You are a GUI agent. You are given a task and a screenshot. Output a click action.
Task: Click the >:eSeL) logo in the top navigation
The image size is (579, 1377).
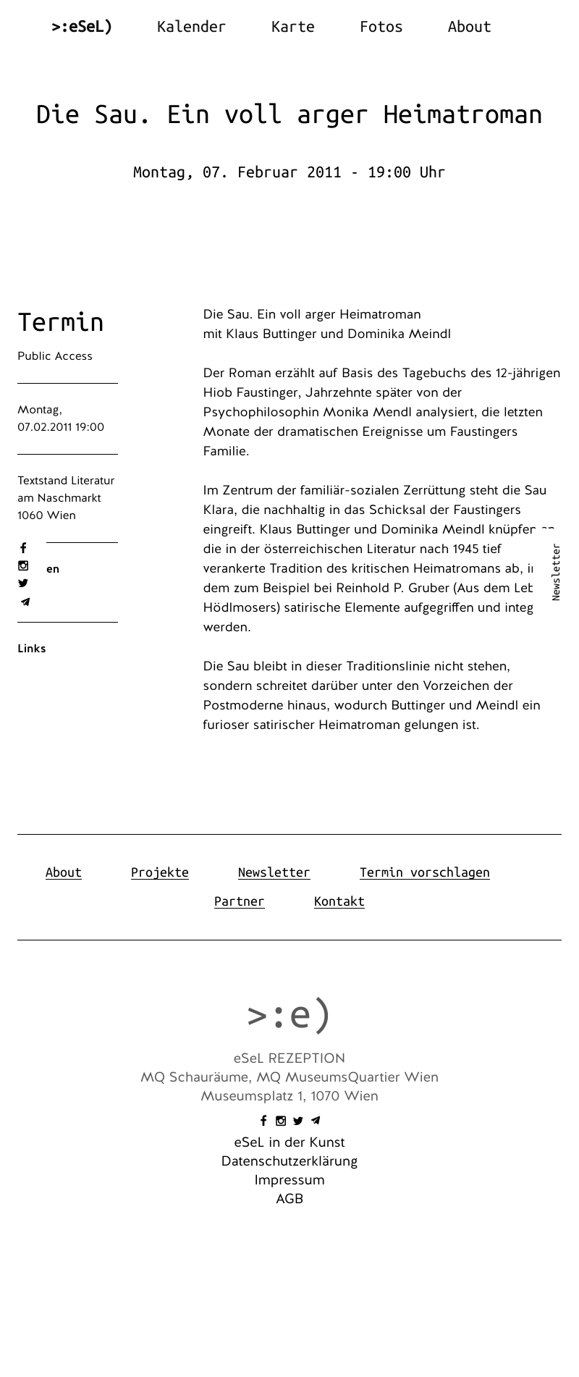pyautogui.click(x=82, y=27)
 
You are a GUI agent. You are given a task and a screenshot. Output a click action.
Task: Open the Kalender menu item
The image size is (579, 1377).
pyautogui.click(x=191, y=27)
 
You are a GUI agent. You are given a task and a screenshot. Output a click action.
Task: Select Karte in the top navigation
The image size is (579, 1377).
pyautogui.click(x=292, y=27)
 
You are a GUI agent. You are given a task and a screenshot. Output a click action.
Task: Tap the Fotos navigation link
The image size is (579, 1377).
pyautogui.click(x=381, y=27)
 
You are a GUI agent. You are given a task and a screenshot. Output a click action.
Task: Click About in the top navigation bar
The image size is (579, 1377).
pyautogui.click(x=469, y=27)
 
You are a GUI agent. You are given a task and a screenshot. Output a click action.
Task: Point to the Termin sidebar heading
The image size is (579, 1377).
pyautogui.click(x=61, y=322)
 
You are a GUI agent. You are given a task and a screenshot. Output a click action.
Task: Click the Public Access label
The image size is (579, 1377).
pyautogui.click(x=55, y=356)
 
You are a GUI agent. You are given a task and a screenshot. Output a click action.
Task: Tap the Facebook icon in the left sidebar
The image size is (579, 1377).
pyautogui.click(x=23, y=548)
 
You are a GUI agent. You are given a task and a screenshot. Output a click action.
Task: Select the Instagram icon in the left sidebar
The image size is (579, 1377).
pyautogui.click(x=23, y=565)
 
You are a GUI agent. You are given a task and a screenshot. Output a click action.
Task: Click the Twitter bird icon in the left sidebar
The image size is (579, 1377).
pyautogui.click(x=23, y=583)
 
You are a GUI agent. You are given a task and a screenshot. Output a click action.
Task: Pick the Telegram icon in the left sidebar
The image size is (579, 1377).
pyautogui.click(x=25, y=602)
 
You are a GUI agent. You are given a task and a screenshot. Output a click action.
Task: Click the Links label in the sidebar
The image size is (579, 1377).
pyautogui.click(x=32, y=649)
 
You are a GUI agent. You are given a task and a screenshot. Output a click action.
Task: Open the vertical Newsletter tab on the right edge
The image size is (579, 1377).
pyautogui.click(x=556, y=572)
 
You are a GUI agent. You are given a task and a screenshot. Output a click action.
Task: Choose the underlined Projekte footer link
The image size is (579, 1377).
pyautogui.click(x=160, y=872)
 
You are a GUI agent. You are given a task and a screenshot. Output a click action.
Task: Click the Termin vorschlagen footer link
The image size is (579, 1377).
pyautogui.click(x=424, y=872)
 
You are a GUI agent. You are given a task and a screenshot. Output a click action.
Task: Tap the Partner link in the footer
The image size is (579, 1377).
pyautogui.click(x=240, y=901)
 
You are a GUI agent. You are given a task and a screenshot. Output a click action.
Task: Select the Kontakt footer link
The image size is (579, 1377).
pyautogui.click(x=339, y=901)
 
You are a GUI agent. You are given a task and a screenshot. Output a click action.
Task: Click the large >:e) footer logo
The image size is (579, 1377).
pyautogui.click(x=289, y=1014)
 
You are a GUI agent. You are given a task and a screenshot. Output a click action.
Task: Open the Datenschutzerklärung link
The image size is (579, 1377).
pyautogui.click(x=289, y=1161)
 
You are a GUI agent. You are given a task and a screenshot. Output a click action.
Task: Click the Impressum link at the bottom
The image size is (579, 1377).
pyautogui.click(x=289, y=1180)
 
